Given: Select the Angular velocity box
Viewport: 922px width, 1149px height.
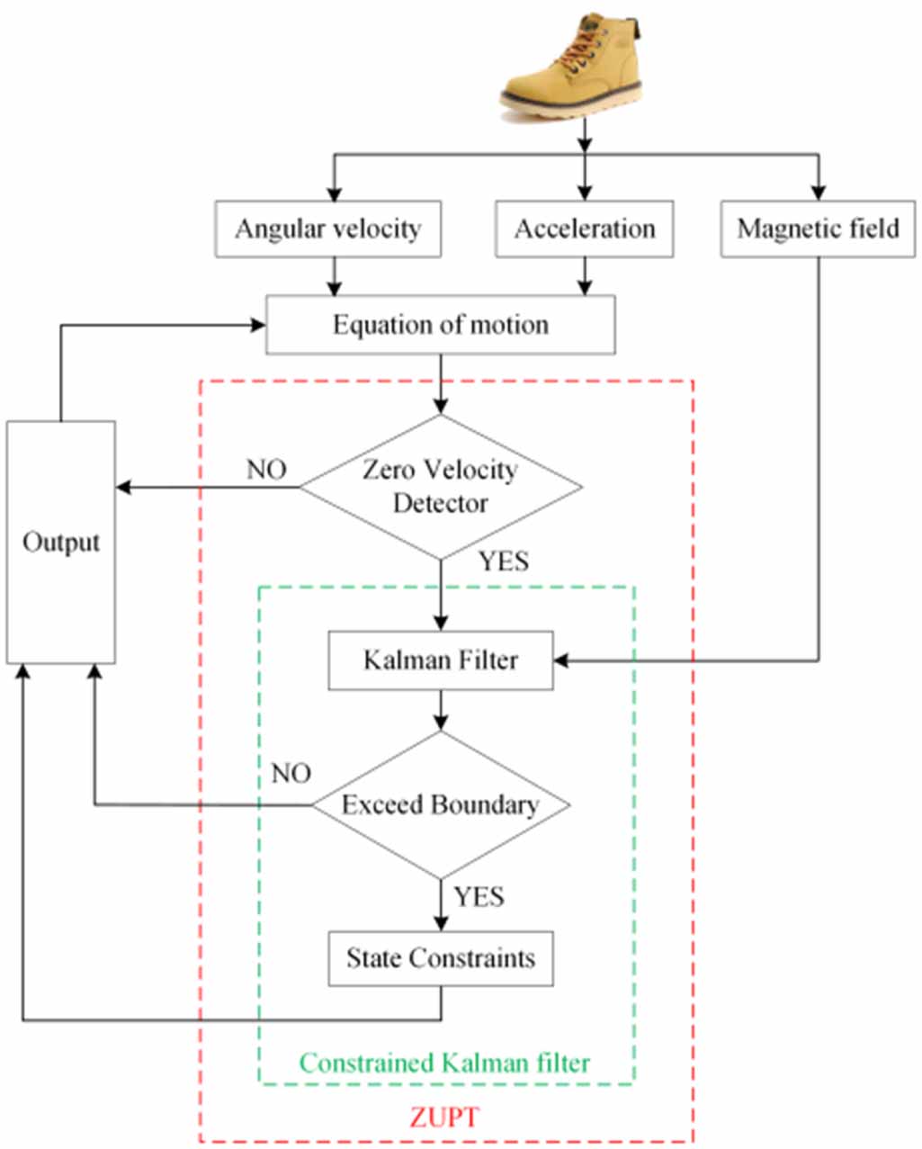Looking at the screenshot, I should pos(327,229).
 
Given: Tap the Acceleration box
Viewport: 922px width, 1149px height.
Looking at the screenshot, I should pos(585,229).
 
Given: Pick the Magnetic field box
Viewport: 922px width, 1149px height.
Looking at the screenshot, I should pos(818,229).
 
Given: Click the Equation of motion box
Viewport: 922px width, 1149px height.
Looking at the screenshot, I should pos(440,325).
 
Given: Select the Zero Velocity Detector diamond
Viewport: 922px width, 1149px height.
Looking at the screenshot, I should pos(440,487).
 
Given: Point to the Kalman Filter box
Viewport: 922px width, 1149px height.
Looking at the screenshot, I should pos(440,660).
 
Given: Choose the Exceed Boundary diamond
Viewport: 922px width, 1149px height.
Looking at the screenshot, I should pos(440,804).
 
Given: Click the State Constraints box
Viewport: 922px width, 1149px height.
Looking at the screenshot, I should pos(440,958).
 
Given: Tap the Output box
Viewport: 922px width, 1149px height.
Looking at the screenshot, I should pos(61,543).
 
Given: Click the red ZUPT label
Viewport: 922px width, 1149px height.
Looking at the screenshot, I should pos(444,1118).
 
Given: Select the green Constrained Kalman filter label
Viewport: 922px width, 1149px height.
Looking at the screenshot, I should pos(444,1064).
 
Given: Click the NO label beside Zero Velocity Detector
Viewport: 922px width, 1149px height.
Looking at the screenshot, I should pos(266,470).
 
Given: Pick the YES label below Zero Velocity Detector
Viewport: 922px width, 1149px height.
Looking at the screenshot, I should pos(503,562).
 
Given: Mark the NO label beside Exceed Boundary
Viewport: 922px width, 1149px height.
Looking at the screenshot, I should pos(291,774).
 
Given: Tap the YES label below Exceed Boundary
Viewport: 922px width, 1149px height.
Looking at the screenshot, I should pos(479,897).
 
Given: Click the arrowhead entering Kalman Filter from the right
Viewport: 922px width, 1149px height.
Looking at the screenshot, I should pos(561,661).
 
